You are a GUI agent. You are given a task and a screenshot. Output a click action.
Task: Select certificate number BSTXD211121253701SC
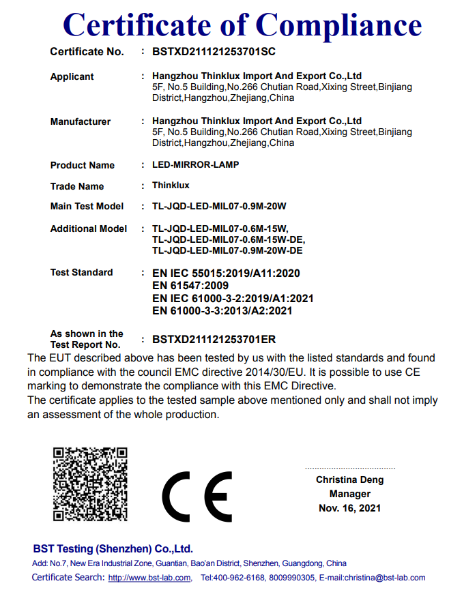click(x=214, y=52)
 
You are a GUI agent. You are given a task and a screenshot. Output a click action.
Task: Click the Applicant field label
click(x=72, y=76)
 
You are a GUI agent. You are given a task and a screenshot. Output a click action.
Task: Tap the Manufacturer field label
click(x=81, y=121)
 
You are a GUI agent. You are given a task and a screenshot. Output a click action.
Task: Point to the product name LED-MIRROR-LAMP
click(x=196, y=165)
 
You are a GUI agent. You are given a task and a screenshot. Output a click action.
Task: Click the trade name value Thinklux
click(x=171, y=186)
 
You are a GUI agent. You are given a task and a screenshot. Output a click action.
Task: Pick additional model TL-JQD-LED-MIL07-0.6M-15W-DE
click(x=229, y=239)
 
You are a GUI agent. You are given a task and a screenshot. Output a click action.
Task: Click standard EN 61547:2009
click(x=190, y=285)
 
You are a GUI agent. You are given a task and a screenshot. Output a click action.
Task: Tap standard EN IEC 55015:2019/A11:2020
click(x=226, y=273)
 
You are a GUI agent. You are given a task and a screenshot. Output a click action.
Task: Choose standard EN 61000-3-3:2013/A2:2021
click(x=222, y=310)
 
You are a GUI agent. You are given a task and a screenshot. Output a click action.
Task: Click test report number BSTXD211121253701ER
click(x=214, y=339)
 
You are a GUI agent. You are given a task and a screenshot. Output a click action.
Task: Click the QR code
click(x=90, y=484)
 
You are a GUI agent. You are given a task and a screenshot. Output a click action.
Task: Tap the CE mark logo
click(x=197, y=496)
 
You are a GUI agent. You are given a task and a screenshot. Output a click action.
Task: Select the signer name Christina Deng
click(x=349, y=479)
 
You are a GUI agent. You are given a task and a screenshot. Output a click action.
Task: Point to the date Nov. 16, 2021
click(x=349, y=508)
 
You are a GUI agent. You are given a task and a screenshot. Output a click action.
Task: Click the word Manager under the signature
click(x=349, y=494)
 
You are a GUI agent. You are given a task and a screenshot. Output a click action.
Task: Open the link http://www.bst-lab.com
click(x=150, y=578)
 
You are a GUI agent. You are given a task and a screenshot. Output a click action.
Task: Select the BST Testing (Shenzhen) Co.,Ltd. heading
click(x=113, y=549)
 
